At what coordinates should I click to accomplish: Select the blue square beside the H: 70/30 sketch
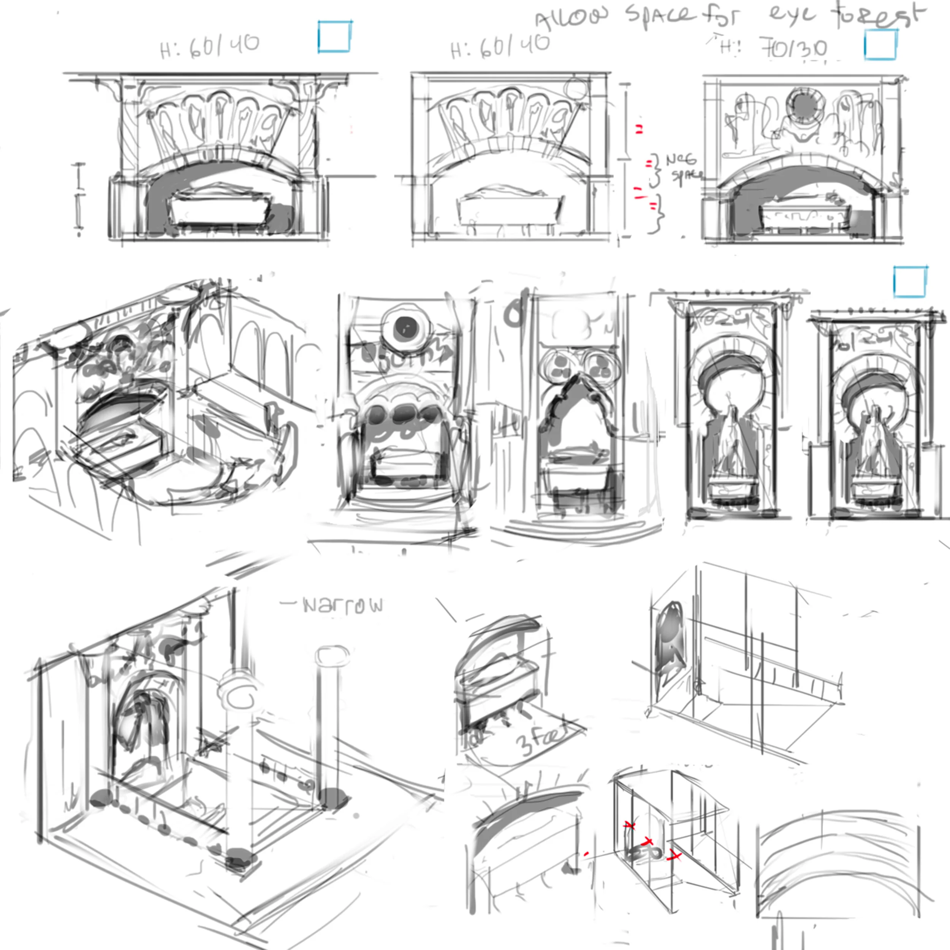(x=880, y=44)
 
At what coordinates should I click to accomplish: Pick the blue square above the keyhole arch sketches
(x=910, y=282)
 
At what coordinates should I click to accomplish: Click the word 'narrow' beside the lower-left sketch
(x=343, y=605)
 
